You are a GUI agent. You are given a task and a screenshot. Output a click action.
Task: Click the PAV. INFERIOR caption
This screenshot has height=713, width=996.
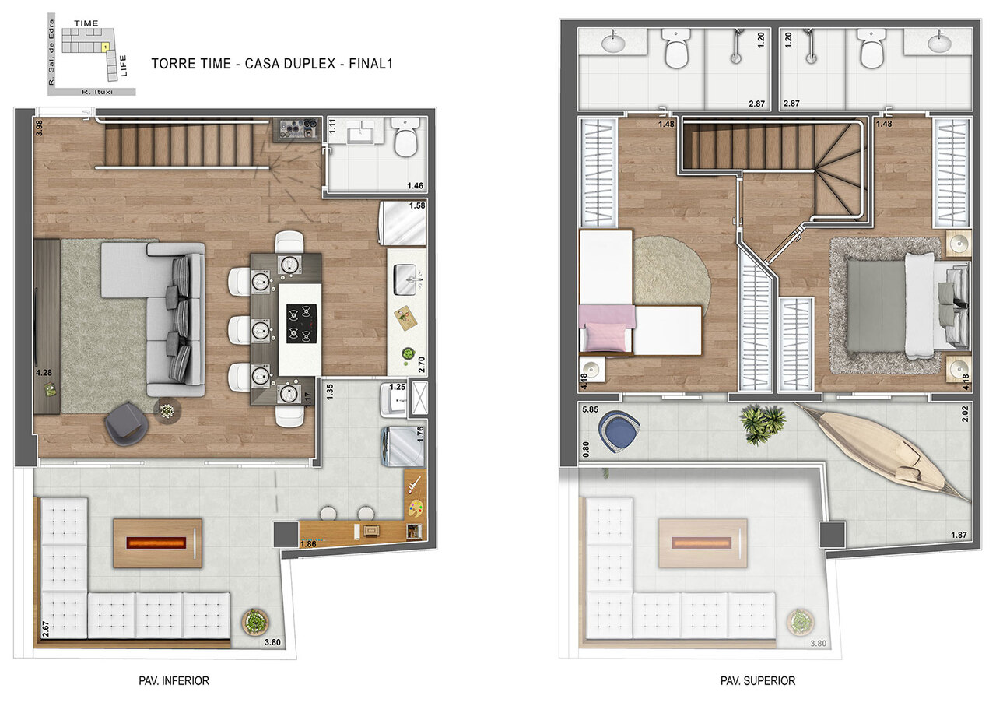(x=174, y=680)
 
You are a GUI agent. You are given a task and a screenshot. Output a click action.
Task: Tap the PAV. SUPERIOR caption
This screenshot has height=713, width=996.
(x=758, y=680)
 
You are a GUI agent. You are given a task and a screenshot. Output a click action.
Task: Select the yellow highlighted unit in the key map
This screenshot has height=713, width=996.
(x=104, y=47)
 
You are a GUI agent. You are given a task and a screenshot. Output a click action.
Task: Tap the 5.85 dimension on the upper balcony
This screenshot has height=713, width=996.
(x=589, y=409)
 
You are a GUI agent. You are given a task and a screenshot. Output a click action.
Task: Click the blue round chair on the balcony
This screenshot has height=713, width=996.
(x=619, y=430)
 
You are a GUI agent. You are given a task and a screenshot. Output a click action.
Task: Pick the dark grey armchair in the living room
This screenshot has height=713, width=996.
(x=128, y=423)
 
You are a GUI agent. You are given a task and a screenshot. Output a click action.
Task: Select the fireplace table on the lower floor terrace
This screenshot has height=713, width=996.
(x=157, y=543)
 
